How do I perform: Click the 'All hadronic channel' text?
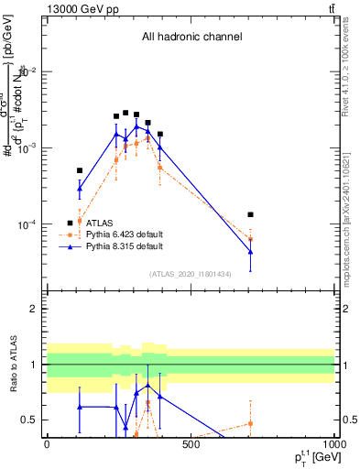(x=191, y=38)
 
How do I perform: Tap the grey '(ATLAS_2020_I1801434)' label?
(x=191, y=274)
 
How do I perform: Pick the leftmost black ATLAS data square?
(x=80, y=170)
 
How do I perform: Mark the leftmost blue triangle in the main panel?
(x=80, y=189)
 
